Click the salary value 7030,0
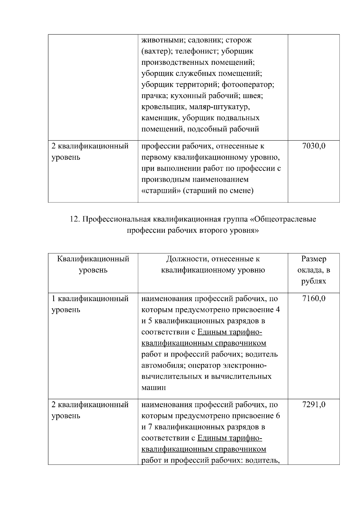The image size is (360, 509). [314, 146]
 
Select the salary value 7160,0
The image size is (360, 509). [314, 299]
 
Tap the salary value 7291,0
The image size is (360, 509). [314, 405]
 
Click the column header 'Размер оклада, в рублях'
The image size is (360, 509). [314, 270]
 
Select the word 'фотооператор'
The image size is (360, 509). [247, 85]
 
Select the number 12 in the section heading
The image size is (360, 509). [74, 219]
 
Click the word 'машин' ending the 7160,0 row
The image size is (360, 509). [154, 388]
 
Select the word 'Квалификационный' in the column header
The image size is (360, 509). [93, 259]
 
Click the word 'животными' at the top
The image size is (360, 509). [160, 40]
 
